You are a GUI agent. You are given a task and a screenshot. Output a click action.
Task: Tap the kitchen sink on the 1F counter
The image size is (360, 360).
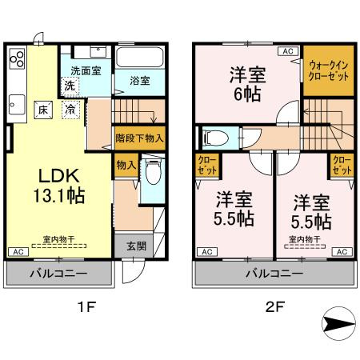17,102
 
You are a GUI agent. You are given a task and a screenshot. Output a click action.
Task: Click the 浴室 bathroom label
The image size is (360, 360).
140,81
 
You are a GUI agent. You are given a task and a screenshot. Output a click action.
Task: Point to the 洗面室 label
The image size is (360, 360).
86,70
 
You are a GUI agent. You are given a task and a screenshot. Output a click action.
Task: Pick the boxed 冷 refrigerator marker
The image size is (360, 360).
71,109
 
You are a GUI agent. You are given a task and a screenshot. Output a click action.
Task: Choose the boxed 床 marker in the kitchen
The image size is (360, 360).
45,109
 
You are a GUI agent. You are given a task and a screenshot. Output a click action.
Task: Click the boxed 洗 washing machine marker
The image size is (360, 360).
70,85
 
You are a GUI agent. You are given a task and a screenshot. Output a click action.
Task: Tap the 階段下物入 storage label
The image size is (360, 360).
139,138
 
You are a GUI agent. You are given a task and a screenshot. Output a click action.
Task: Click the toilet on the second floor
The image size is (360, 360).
211,138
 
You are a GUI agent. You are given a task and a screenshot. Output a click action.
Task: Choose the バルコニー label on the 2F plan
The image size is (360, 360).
274,274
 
